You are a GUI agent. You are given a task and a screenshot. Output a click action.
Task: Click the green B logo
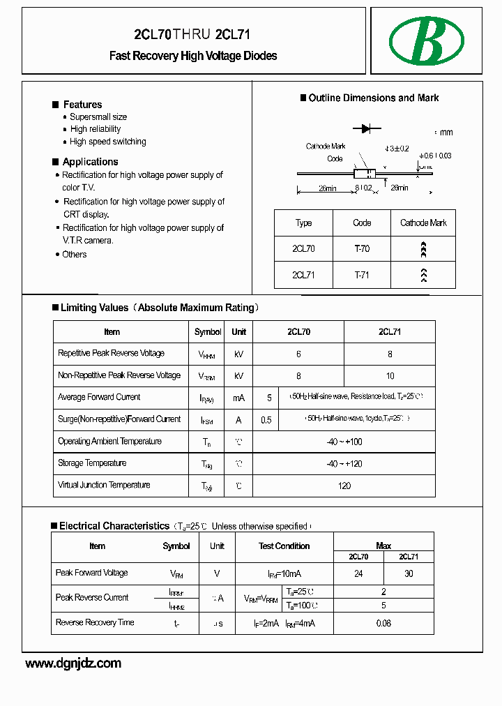(x=426, y=40)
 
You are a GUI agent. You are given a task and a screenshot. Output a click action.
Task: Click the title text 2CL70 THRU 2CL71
(x=192, y=35)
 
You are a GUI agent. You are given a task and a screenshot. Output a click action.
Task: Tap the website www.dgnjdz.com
(x=73, y=663)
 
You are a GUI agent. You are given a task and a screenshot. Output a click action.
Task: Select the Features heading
(x=82, y=105)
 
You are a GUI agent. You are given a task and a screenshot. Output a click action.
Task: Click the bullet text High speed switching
(x=108, y=142)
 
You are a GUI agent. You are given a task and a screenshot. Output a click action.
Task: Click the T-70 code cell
(x=362, y=248)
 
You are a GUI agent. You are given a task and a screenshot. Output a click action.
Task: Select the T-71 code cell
(x=362, y=275)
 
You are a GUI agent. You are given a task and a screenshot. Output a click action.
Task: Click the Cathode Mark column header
(x=423, y=223)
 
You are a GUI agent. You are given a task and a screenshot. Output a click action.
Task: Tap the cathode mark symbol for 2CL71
(x=423, y=275)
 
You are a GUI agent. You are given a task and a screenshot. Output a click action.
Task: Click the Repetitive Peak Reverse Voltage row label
(x=112, y=354)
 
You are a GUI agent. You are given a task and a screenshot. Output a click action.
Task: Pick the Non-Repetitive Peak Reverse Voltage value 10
(x=390, y=376)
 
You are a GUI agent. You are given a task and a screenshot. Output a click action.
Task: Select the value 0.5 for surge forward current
(x=266, y=420)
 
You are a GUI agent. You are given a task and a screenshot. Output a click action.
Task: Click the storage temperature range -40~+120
(x=344, y=464)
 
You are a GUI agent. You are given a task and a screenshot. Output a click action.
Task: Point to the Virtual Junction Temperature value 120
(x=344, y=486)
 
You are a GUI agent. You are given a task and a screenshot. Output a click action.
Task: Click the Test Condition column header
(x=284, y=546)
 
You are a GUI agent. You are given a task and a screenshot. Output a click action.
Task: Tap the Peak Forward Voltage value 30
(x=409, y=573)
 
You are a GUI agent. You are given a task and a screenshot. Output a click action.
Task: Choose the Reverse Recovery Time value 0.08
(x=383, y=623)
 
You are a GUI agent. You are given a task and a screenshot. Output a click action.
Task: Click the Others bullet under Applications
(x=75, y=255)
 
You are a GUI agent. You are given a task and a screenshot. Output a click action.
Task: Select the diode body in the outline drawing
(x=365, y=173)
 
